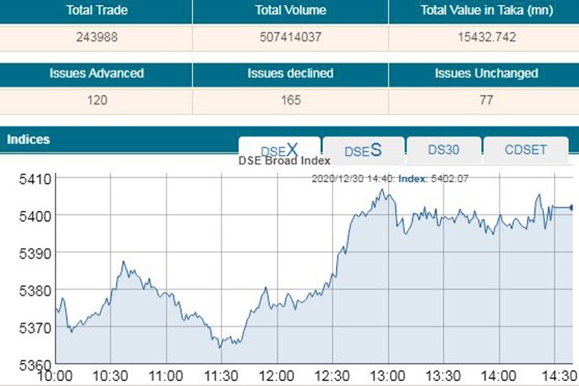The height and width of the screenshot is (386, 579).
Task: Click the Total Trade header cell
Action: tap(96, 10)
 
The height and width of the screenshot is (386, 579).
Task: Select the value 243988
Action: tap(96, 37)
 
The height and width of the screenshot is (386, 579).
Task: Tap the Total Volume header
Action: tap(290, 10)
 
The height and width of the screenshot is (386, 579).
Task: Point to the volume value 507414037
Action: tap(290, 37)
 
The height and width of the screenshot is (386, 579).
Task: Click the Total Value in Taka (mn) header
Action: tap(485, 10)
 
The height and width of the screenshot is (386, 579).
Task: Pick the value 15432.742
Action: tap(485, 37)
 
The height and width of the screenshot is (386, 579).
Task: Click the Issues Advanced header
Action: tap(96, 73)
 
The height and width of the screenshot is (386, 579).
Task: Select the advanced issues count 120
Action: tap(96, 100)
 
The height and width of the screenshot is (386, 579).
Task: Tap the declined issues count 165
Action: tap(290, 100)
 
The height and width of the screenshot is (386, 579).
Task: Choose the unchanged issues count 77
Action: tap(485, 100)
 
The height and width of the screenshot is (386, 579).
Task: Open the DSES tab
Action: tap(363, 151)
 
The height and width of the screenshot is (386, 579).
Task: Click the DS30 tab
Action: tap(443, 150)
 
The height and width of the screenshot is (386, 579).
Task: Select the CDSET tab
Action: tap(526, 150)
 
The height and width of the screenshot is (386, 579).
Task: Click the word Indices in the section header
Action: tap(28, 140)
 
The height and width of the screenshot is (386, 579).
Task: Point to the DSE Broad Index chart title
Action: tap(284, 161)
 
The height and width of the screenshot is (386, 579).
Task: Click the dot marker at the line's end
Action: tap(572, 207)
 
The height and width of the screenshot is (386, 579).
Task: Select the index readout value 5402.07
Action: tap(449, 178)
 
